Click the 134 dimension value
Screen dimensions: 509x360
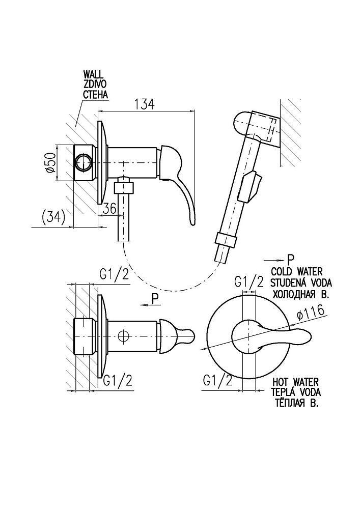tap(144, 104)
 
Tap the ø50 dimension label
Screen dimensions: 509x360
tap(50, 162)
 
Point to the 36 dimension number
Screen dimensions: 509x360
tap(110, 209)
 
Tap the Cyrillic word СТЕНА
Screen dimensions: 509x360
tap(96, 95)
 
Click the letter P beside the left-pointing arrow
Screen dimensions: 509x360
tap(154, 296)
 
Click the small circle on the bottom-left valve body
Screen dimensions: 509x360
tap(122, 336)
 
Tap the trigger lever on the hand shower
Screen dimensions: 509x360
tap(252, 186)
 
